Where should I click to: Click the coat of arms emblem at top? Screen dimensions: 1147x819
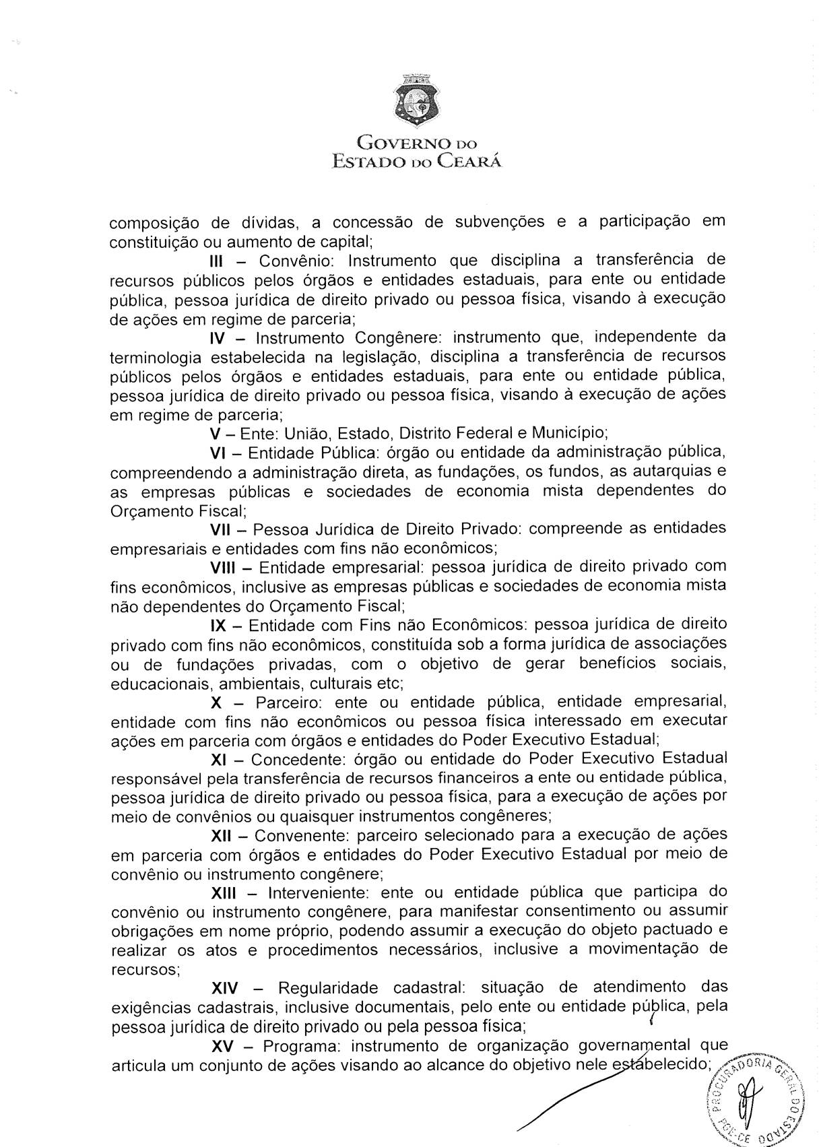417,101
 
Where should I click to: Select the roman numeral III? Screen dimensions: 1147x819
219,261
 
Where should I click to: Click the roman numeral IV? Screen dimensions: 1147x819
220,337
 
